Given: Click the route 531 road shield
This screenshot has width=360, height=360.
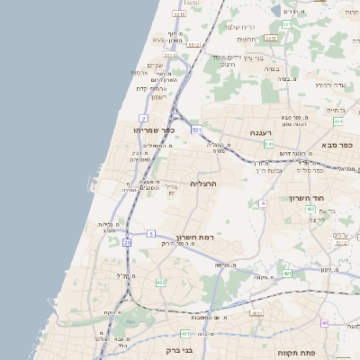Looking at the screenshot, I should [196, 130].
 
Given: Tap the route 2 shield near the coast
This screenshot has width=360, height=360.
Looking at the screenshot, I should [143, 118].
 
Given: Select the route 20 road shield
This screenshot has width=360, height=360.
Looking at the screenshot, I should [127, 242].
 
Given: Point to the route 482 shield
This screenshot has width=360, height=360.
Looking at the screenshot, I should [160, 283].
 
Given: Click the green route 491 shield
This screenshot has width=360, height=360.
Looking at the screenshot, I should [286, 274].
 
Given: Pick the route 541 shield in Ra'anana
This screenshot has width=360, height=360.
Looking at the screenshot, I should [268, 143].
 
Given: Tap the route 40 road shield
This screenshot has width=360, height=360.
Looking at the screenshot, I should [324, 322].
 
